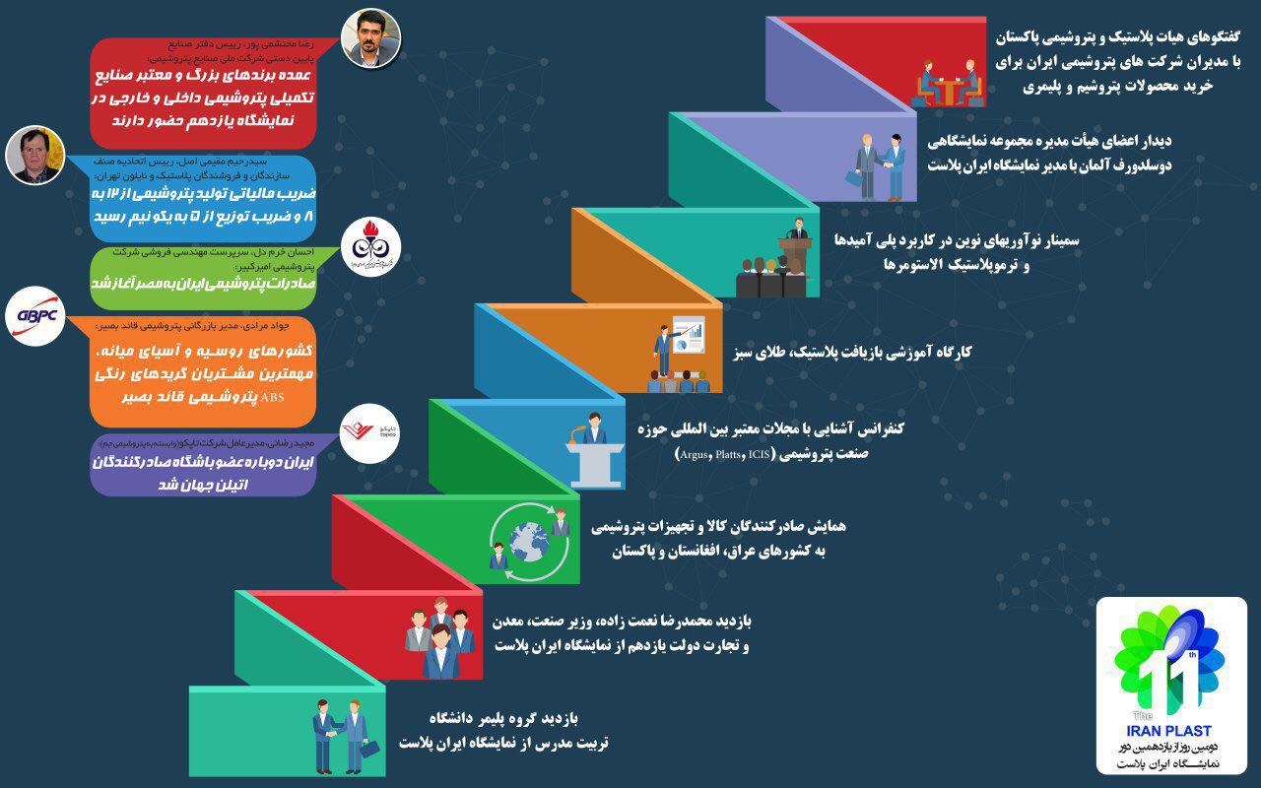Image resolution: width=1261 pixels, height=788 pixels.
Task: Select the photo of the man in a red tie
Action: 33,155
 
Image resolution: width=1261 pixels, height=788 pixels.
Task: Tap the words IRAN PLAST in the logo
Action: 1171,730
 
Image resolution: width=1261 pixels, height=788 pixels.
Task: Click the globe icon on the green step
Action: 528,539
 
